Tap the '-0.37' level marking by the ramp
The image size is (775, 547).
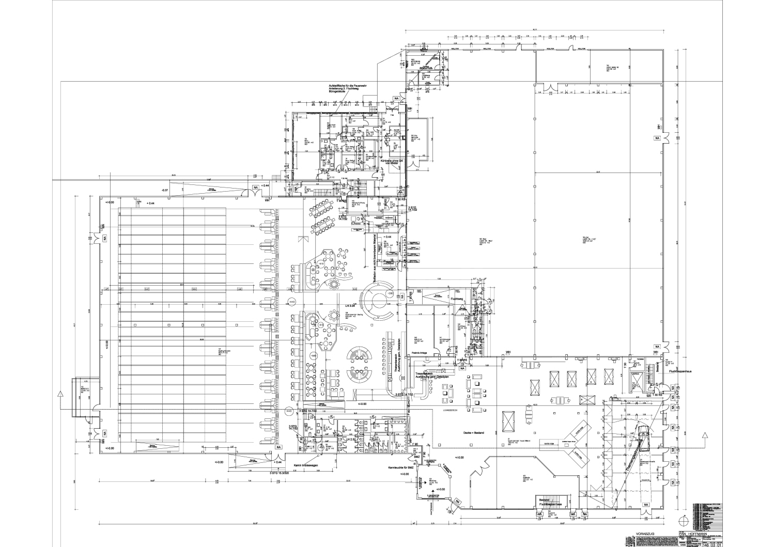tap(165, 191)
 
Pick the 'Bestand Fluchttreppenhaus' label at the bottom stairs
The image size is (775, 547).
tap(550, 502)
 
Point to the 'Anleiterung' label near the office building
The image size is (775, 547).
tap(392, 109)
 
